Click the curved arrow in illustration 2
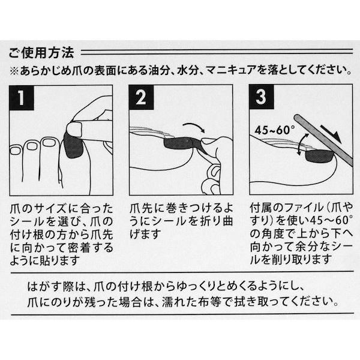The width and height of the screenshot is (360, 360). click(193, 127)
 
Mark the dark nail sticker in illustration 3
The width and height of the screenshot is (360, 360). click(318, 158)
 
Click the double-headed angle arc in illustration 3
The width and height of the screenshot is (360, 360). click(302, 145)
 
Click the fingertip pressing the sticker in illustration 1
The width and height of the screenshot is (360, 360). click(76, 128)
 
